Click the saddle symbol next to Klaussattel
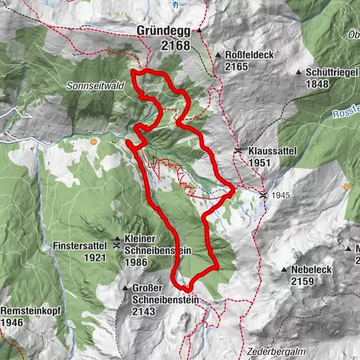[238, 151]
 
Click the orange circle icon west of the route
[93, 141]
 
